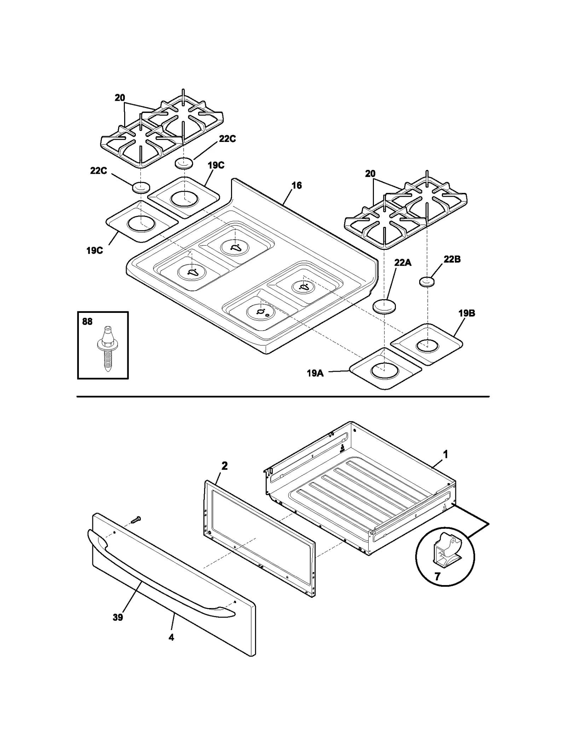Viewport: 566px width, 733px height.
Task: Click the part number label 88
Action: click(x=87, y=321)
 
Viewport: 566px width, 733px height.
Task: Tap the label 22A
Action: click(x=403, y=263)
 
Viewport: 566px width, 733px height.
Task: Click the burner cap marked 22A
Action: click(x=384, y=307)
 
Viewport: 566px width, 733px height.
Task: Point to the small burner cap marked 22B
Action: click(x=427, y=282)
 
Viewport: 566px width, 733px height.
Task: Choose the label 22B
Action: click(x=452, y=259)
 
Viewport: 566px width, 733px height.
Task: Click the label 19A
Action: click(x=315, y=373)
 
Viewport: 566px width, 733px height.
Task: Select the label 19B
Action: click(x=466, y=313)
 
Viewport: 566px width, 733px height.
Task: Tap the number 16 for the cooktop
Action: click(x=296, y=185)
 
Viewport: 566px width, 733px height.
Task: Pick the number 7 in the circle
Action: click(x=437, y=577)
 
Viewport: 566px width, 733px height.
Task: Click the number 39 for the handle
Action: click(x=118, y=617)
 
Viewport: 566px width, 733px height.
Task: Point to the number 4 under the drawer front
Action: click(x=171, y=637)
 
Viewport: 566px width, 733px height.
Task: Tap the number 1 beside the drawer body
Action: click(x=445, y=454)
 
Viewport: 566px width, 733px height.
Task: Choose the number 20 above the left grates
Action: click(x=120, y=98)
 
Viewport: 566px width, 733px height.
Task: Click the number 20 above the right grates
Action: click(x=370, y=174)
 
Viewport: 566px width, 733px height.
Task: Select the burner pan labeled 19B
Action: click(x=427, y=344)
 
